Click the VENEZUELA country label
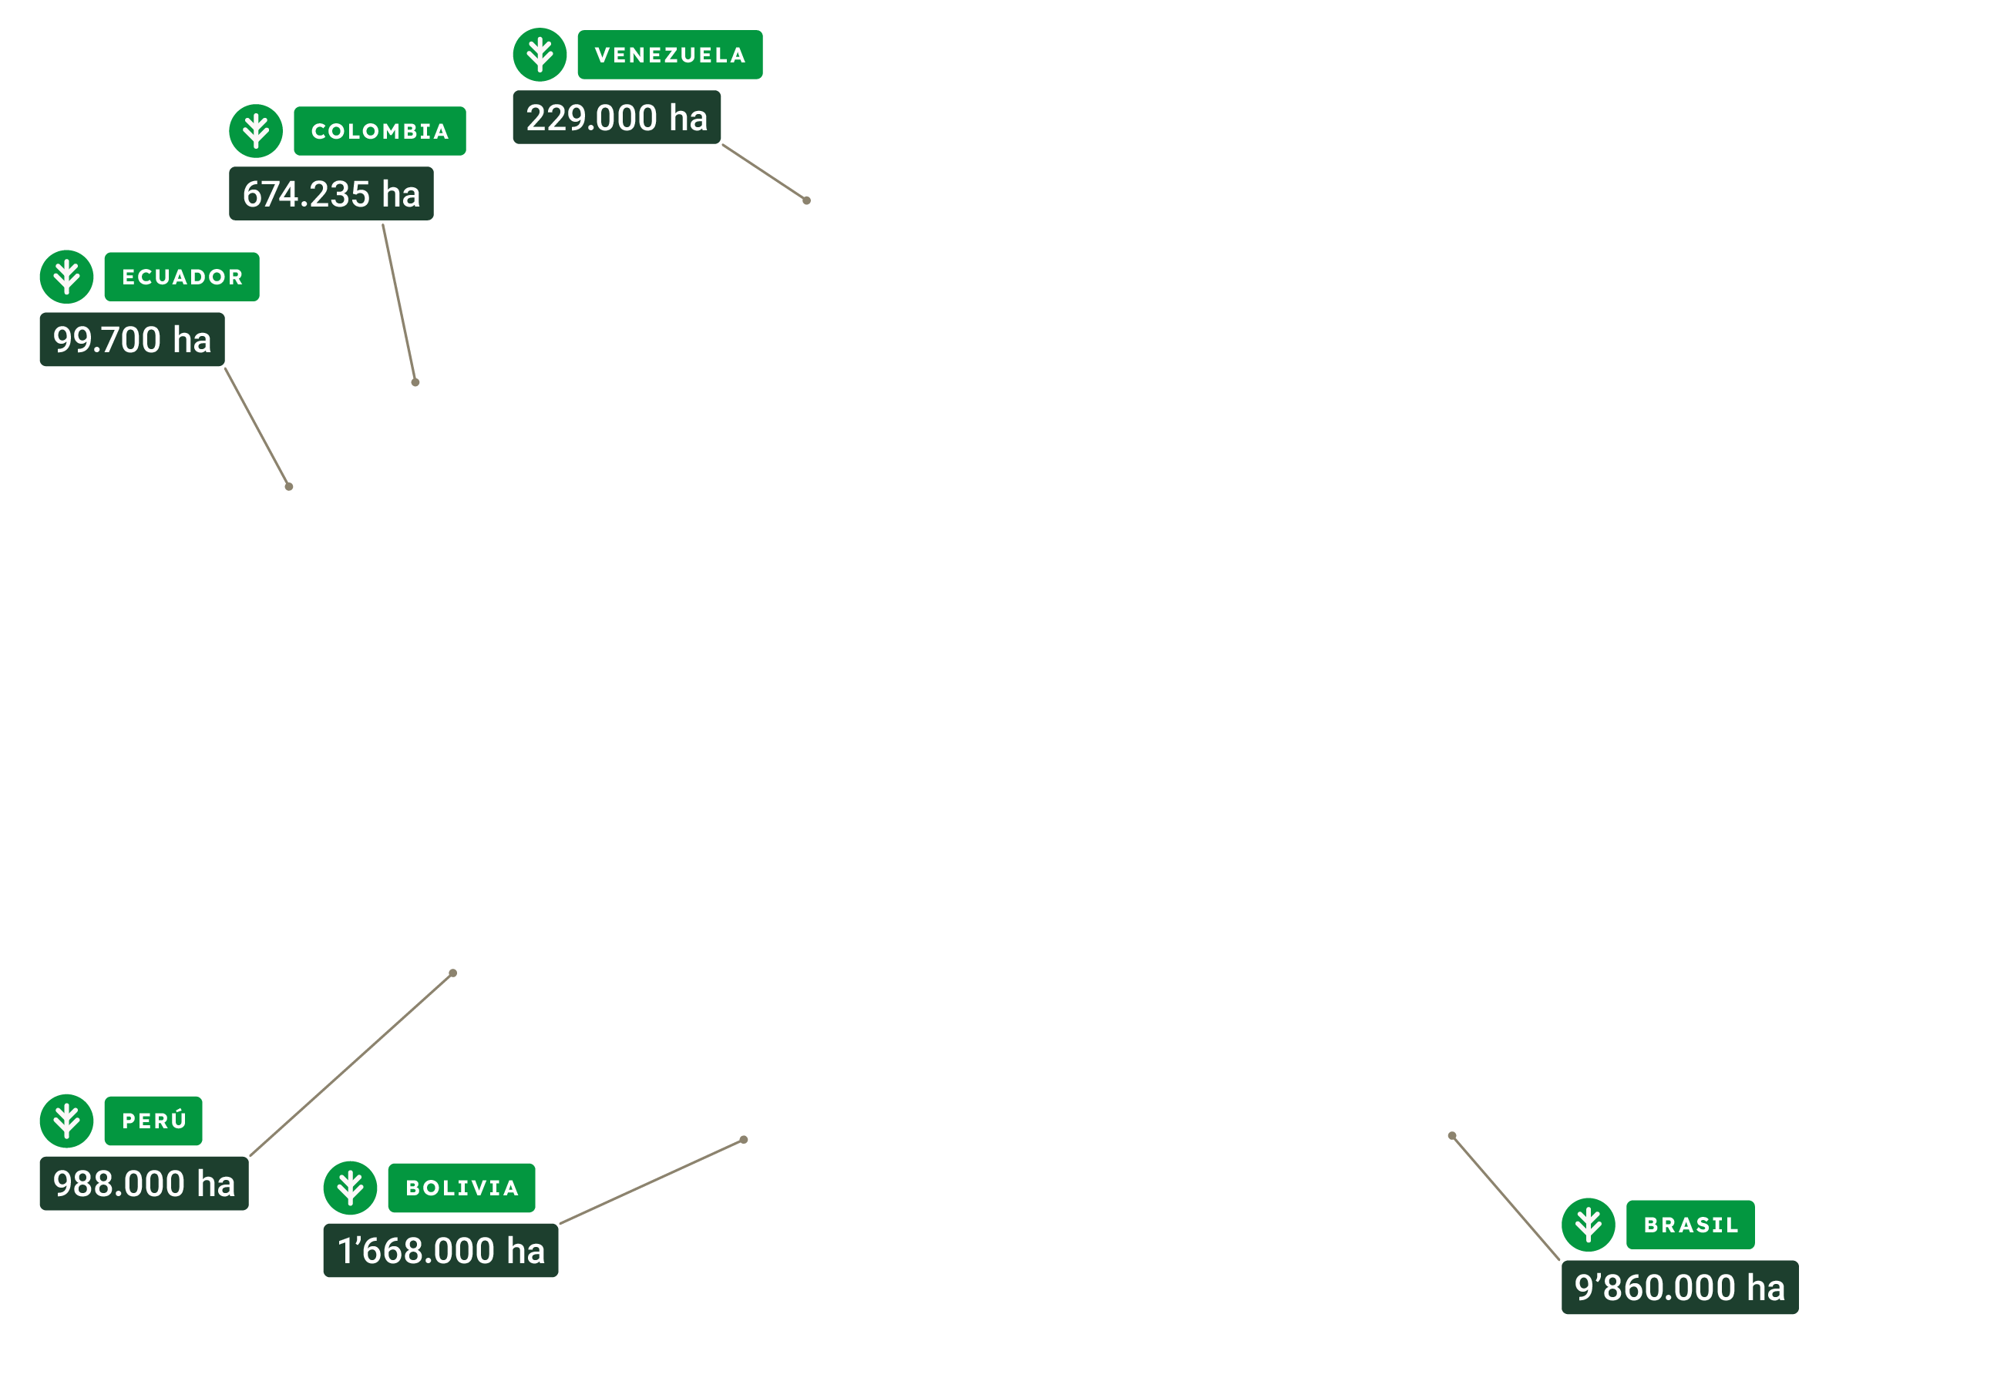[x=670, y=55]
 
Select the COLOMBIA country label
[x=380, y=131]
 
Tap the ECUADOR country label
[x=182, y=277]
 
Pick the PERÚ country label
[x=153, y=1121]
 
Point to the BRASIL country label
[x=1690, y=1225]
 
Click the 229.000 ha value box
[x=617, y=117]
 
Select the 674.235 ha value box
[x=331, y=193]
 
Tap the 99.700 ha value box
[x=132, y=339]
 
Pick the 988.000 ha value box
[x=144, y=1184]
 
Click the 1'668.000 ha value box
[x=440, y=1250]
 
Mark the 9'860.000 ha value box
[x=1680, y=1287]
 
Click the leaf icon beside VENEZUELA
[x=540, y=55]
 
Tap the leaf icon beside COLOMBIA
[x=256, y=131]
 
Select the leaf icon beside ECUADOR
[x=66, y=277]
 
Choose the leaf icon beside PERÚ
[x=66, y=1121]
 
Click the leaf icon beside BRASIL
[x=1588, y=1225]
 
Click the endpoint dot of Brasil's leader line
[x=1452, y=1135]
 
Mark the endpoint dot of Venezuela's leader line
[x=806, y=200]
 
